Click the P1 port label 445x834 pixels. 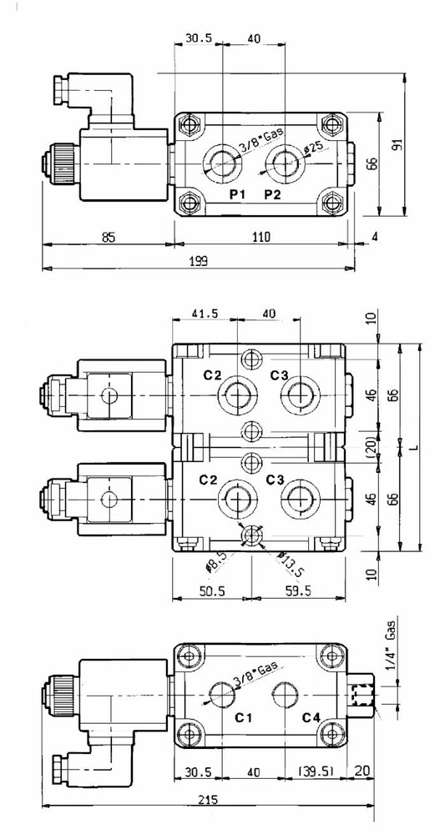[237, 194]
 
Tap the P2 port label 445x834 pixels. [272, 194]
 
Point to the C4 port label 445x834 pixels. [311, 717]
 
